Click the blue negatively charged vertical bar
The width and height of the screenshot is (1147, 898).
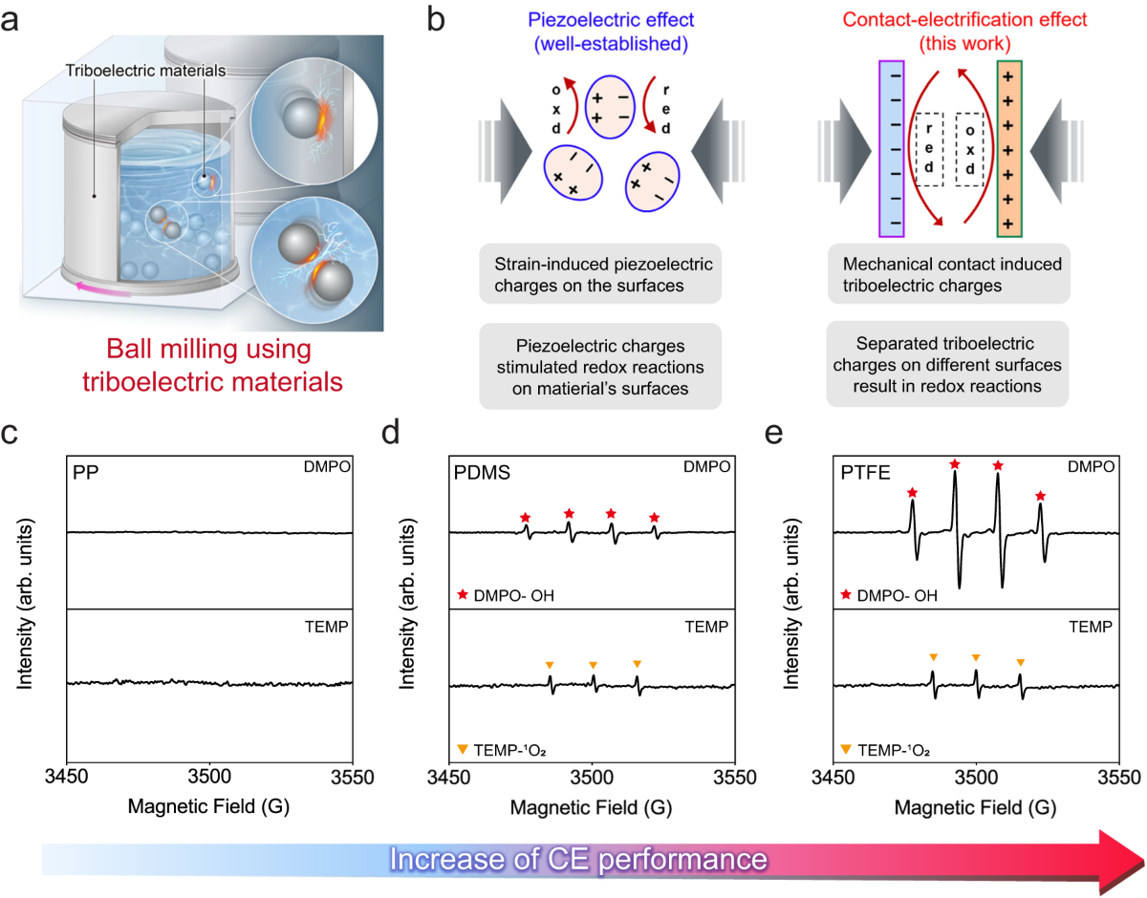tap(891, 149)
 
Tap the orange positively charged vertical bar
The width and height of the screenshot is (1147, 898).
tap(1010, 149)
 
